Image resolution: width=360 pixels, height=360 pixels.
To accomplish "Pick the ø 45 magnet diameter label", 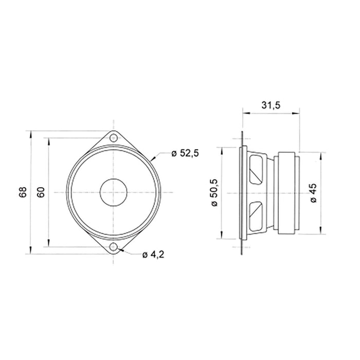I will pos(314,193).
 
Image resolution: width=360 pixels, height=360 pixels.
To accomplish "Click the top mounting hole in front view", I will pos(113,137).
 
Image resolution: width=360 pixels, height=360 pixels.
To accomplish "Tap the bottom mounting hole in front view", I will pos(113,248).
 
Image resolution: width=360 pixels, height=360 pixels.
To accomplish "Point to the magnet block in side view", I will pos(289,193).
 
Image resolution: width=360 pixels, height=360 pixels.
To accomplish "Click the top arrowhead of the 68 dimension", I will pos(32,134).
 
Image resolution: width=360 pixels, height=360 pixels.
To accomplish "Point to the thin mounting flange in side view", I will pos(242,193).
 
